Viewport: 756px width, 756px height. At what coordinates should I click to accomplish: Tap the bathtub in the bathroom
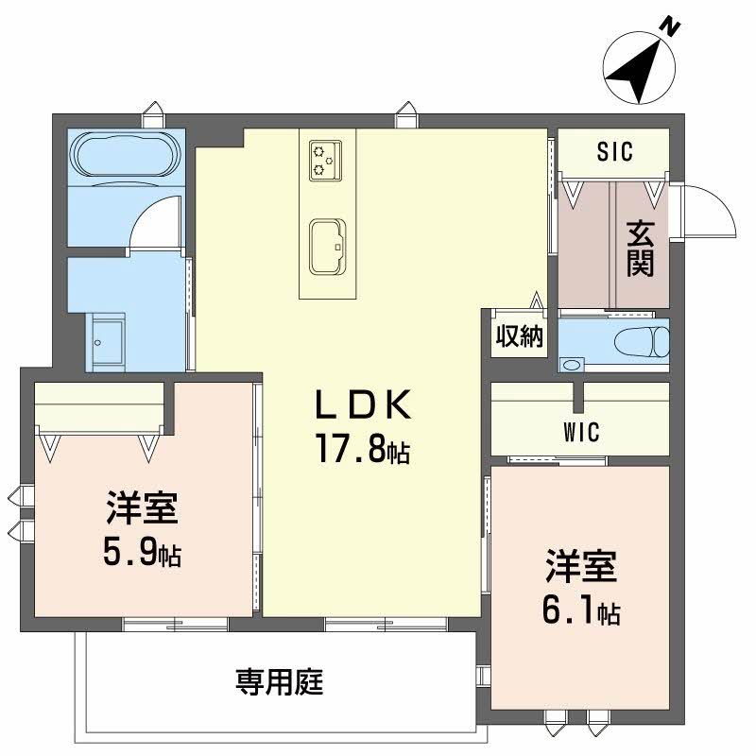tap(124, 155)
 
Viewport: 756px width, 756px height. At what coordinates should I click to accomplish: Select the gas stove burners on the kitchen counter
tap(324, 159)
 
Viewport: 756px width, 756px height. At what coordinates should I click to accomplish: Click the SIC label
tap(614, 150)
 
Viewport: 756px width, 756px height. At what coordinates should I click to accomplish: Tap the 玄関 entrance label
tap(641, 249)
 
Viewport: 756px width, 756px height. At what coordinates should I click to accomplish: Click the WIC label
tap(581, 433)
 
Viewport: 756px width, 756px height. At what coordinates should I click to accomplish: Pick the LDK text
tap(363, 405)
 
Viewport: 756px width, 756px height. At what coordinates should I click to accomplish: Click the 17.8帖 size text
tap(363, 451)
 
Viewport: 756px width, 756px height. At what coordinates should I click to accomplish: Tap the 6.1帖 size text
tap(580, 611)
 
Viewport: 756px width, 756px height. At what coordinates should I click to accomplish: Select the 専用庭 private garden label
tap(279, 681)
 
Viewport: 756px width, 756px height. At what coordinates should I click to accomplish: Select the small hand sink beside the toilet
tap(572, 364)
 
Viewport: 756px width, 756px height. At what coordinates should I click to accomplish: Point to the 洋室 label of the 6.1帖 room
tap(580, 568)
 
